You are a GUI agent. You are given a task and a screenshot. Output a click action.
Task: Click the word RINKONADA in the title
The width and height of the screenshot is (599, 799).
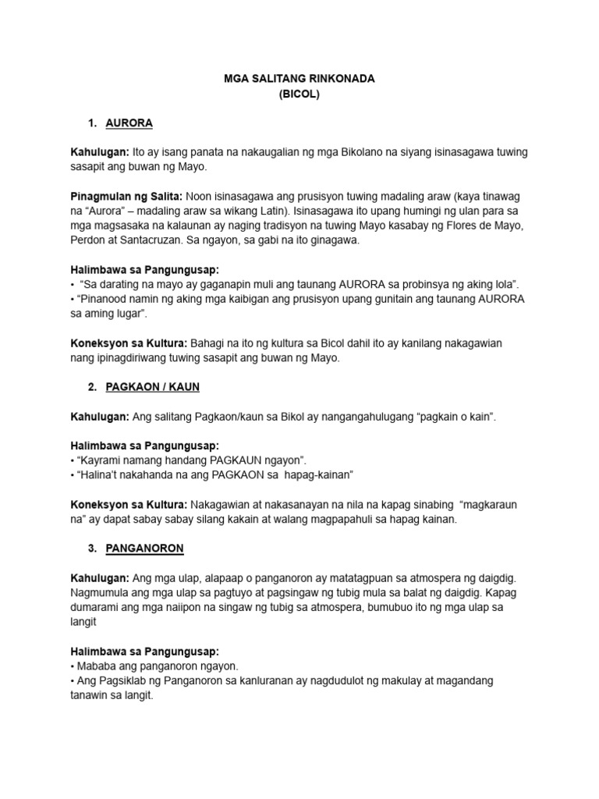(338, 80)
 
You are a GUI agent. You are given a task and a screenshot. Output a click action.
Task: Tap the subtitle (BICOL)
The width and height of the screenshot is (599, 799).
(299, 94)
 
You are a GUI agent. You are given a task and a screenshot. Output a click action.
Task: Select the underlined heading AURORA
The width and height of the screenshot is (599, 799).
(129, 123)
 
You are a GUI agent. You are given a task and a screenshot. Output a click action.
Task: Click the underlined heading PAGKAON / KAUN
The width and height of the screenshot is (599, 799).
(153, 387)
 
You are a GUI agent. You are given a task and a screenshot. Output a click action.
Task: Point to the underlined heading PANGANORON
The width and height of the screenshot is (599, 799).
(144, 548)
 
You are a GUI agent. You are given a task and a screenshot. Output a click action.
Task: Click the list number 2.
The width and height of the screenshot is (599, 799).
(92, 387)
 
